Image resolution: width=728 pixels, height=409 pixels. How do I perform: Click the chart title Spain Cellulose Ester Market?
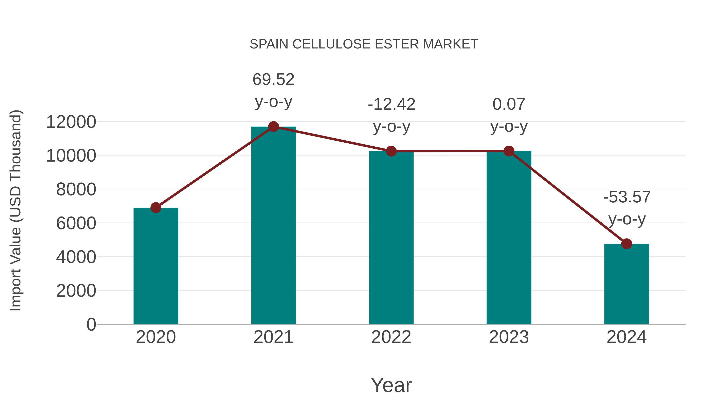pyautogui.click(x=364, y=44)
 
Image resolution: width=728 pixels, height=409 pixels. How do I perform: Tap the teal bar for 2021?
pyautogui.click(x=273, y=226)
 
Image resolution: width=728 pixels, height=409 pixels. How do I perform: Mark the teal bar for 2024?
pyautogui.click(x=626, y=284)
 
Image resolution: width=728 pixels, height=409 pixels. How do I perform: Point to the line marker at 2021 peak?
pyautogui.click(x=273, y=127)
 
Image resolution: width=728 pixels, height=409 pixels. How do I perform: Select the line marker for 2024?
pyautogui.click(x=626, y=244)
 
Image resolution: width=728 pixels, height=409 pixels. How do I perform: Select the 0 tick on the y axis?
pyautogui.click(x=91, y=324)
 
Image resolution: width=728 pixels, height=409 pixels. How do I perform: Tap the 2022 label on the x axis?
pyautogui.click(x=391, y=337)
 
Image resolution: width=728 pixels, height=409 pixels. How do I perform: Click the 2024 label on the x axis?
pyautogui.click(x=626, y=337)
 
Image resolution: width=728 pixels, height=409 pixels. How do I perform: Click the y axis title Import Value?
pyautogui.click(x=16, y=210)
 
